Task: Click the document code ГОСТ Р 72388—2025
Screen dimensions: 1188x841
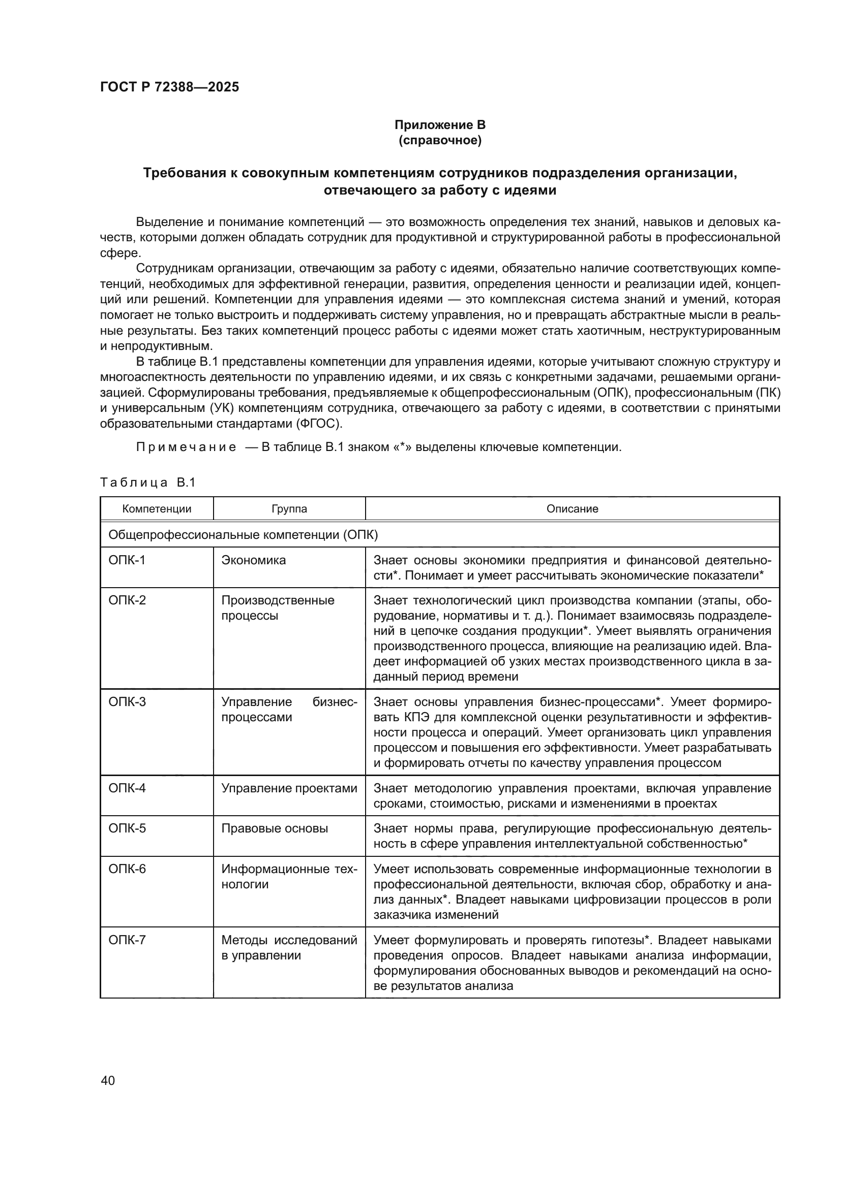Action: tap(169, 87)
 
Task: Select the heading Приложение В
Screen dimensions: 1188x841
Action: tap(440, 125)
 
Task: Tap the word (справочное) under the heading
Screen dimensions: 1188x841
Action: tap(440, 140)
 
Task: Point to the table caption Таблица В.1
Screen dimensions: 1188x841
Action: tap(147, 483)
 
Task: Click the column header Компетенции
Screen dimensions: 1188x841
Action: tap(157, 508)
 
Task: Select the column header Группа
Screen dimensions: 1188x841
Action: tap(289, 508)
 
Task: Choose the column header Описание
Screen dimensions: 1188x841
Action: tap(572, 508)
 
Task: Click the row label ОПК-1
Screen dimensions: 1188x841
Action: tap(128, 560)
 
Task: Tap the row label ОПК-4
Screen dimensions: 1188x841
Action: tap(128, 788)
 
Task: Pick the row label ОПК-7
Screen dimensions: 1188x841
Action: tap(128, 940)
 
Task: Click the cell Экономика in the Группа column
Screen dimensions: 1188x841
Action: tap(253, 560)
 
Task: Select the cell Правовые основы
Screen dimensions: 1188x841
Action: tap(275, 828)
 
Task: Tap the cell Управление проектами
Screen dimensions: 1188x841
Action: tap(289, 788)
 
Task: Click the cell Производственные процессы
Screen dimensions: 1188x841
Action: tap(278, 608)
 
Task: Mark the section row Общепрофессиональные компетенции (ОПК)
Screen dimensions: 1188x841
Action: tap(243, 535)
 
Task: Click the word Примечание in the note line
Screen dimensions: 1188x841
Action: tap(186, 447)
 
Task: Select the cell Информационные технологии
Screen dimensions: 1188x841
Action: tap(289, 877)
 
